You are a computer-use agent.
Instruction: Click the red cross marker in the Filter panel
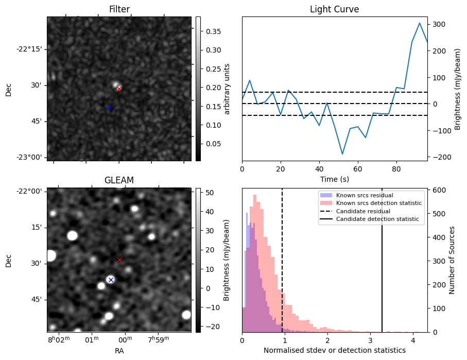point(119,89)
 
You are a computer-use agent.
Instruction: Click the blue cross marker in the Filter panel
point(109,108)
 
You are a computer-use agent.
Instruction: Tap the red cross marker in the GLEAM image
point(119,260)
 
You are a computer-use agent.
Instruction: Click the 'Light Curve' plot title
point(334,10)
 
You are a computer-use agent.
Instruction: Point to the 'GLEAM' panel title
point(119,180)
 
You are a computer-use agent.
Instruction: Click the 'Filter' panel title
point(119,10)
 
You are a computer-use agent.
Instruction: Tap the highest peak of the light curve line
point(420,23)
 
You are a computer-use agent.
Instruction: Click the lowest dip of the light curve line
point(342,154)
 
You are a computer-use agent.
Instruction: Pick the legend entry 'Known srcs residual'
point(364,195)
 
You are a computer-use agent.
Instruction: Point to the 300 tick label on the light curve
point(439,24)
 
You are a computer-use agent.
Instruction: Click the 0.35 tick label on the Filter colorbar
point(210,31)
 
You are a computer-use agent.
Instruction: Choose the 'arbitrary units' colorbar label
point(227,89)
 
